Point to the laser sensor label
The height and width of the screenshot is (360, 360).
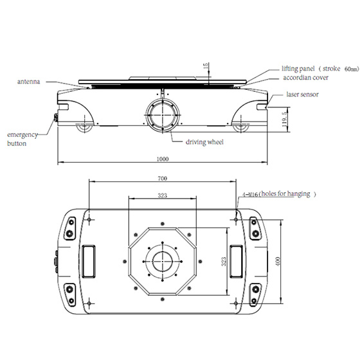click(x=301, y=95)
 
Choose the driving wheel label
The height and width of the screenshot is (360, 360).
click(x=204, y=141)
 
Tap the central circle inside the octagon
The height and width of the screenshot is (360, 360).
click(x=163, y=261)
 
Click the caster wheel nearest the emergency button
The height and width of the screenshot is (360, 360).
click(x=84, y=127)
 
